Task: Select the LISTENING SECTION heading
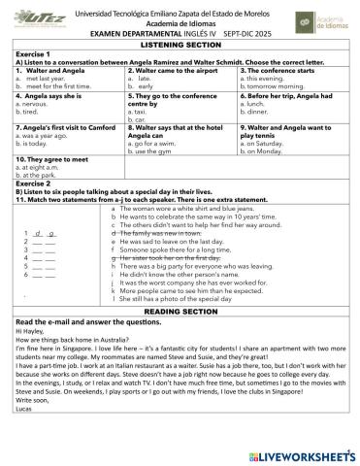click(x=180, y=45)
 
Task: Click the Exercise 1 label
click(x=35, y=53)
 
